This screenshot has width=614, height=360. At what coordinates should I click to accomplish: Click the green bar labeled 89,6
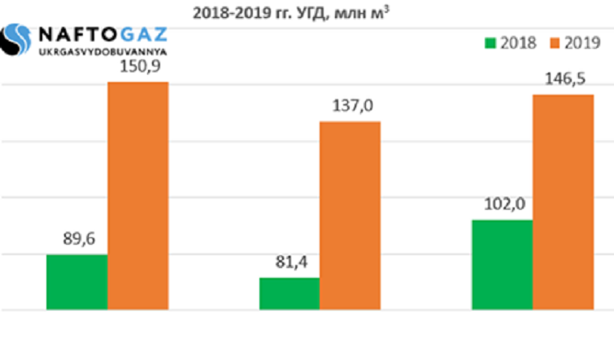[77, 282]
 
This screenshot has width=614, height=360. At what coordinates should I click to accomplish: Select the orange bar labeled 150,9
[138, 196]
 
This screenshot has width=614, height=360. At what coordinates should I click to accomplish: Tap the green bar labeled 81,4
[290, 293]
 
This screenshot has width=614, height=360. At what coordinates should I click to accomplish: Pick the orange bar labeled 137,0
[351, 215]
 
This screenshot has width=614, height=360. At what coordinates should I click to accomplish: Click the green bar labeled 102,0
[503, 265]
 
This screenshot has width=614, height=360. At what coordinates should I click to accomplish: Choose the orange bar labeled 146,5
[564, 202]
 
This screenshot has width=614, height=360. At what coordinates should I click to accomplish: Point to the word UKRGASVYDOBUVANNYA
[102, 52]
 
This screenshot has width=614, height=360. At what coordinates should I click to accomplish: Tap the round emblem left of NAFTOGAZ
[18, 41]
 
